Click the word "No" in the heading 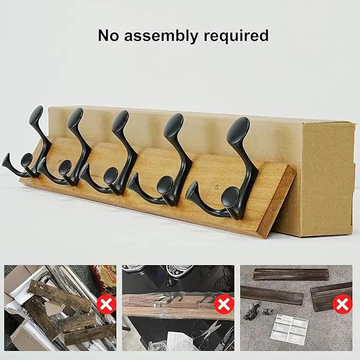(x=109, y=36)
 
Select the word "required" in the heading (x=236, y=36)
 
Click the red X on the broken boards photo (x=106, y=304)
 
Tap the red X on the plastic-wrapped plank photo (x=224, y=305)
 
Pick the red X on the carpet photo (x=343, y=304)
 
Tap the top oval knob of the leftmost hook (x=36, y=115)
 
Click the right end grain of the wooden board (x=277, y=203)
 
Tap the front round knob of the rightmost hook (x=231, y=198)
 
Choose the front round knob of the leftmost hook (x=27, y=160)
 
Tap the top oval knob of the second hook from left (x=75, y=118)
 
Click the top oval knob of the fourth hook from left (x=173, y=124)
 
